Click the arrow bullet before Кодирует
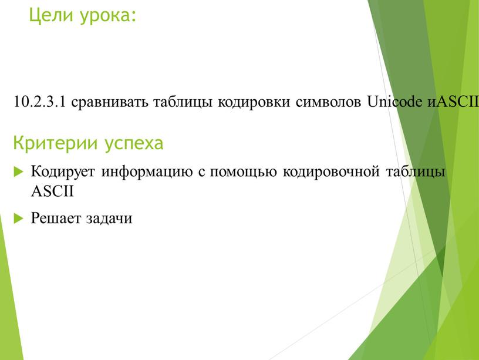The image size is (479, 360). tap(17, 173)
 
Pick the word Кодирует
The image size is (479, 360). tap(63, 173)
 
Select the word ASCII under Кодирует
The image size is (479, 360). tap(53, 191)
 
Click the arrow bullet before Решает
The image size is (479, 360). tap(17, 218)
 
